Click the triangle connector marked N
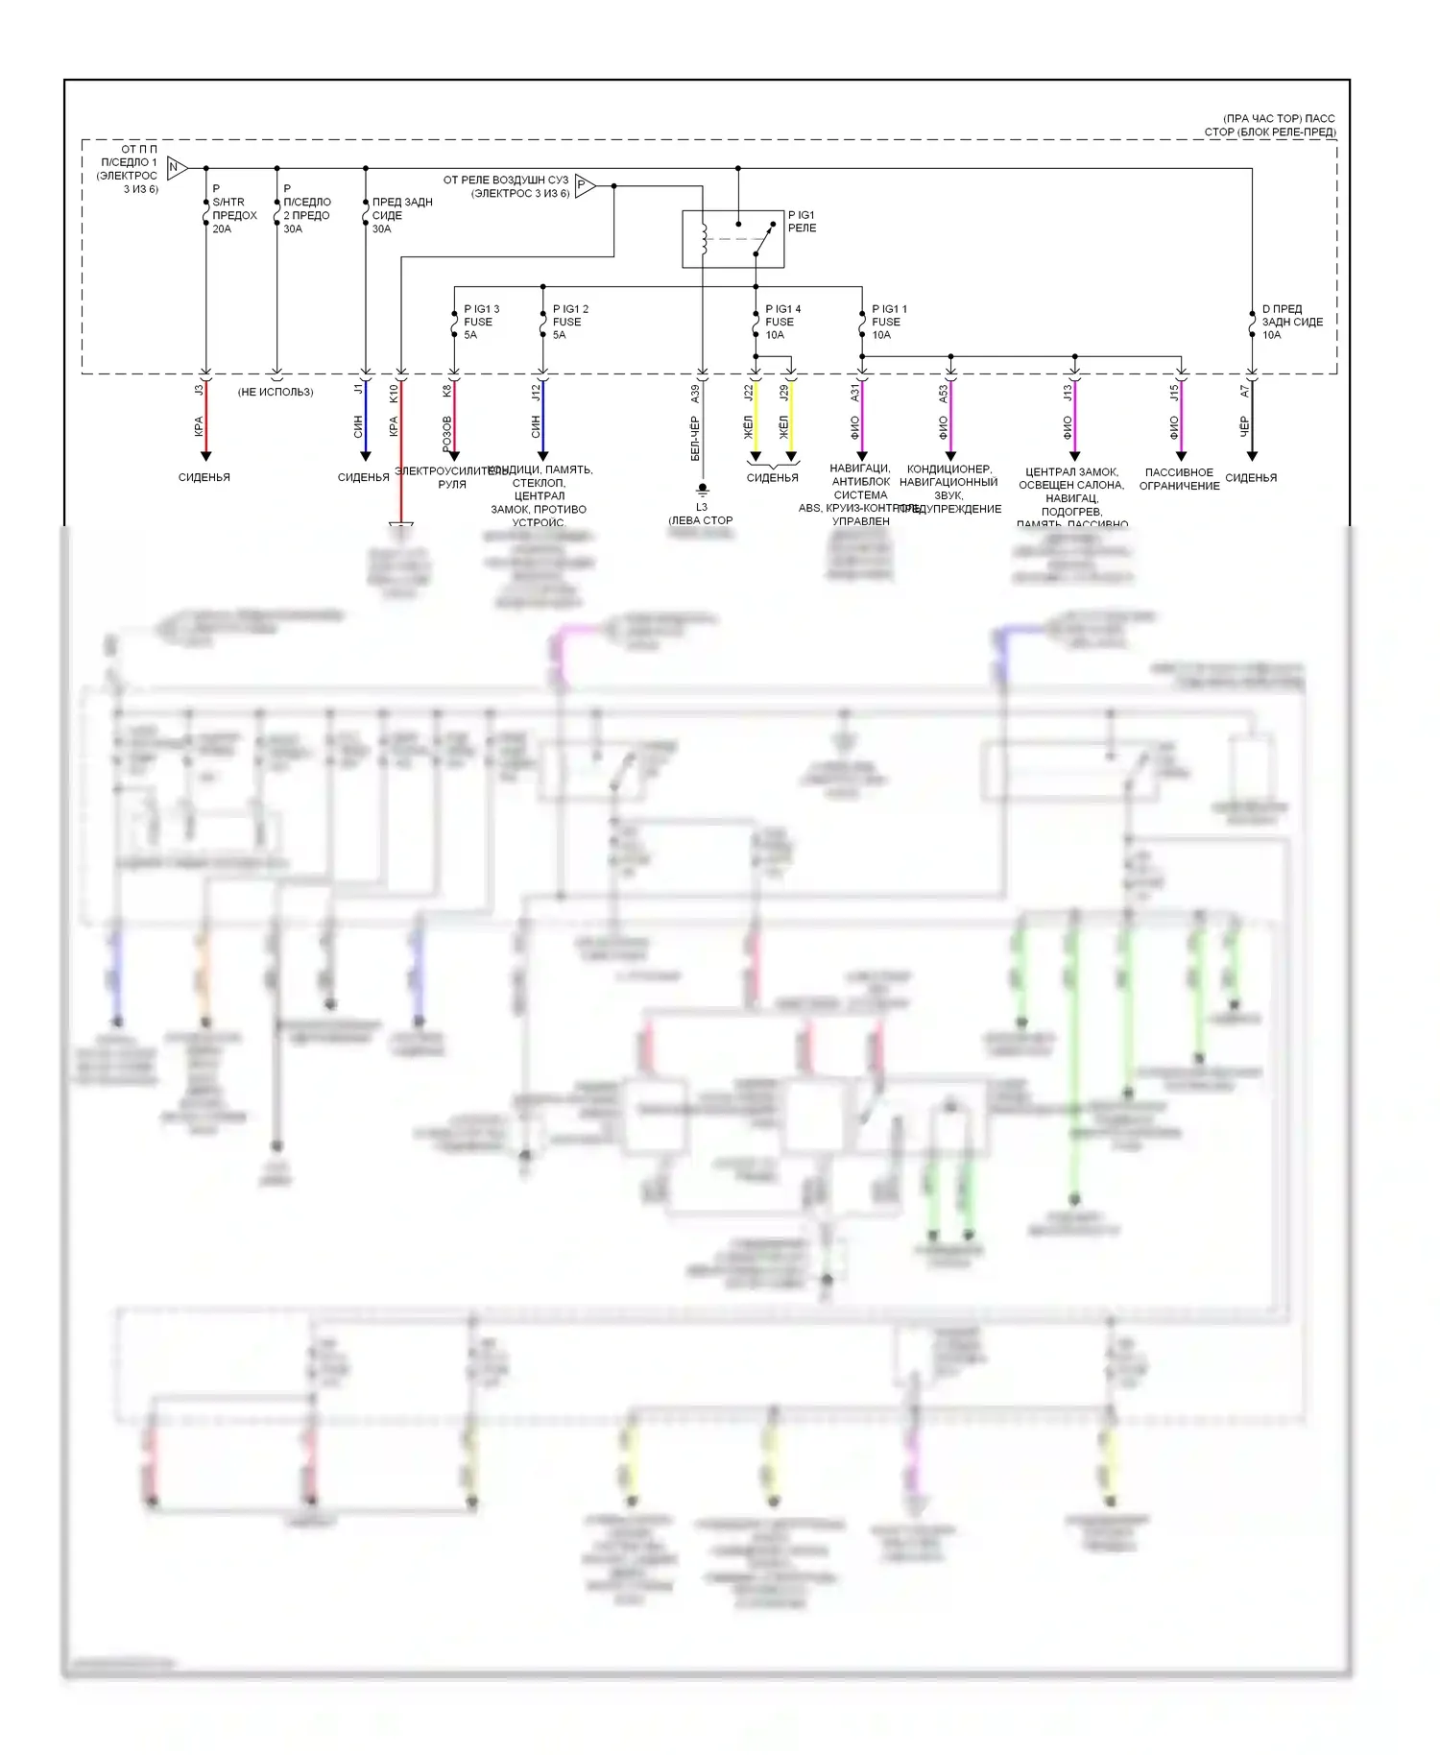(x=176, y=168)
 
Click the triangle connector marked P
(x=584, y=185)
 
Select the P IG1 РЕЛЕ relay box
(x=732, y=238)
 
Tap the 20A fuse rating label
(x=222, y=229)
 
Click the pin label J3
(x=199, y=390)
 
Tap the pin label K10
(x=393, y=393)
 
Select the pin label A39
(x=695, y=394)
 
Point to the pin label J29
(x=783, y=392)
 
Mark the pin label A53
(x=943, y=393)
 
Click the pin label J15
(x=1173, y=392)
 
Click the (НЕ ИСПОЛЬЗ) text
(x=276, y=392)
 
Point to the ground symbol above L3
(x=702, y=490)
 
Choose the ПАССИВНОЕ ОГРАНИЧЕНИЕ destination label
(x=1179, y=479)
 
